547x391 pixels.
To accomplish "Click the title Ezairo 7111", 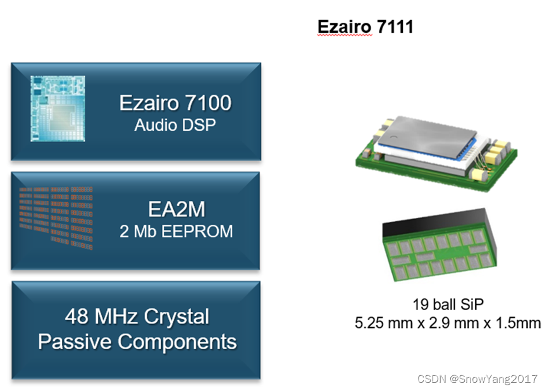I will pos(365,27).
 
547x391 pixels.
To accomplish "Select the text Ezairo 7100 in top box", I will pos(175,102).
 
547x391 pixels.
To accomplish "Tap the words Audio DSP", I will pos(175,124).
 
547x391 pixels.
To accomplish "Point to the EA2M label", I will pos(176,209).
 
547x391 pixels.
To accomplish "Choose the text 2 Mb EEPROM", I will pos(176,231).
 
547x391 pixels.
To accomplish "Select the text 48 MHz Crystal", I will pos(137,316).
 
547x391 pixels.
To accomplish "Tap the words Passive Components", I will pos(137,342).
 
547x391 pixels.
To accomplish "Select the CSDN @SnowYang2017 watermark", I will pos(477,378).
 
